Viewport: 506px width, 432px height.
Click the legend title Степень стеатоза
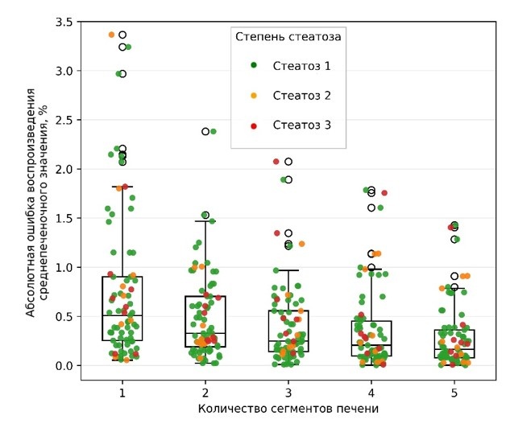(x=288, y=36)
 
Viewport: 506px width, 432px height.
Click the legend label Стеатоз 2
(x=302, y=96)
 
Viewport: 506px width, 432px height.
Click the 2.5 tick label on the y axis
(x=64, y=120)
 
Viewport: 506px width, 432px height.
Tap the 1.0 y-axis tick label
(x=64, y=267)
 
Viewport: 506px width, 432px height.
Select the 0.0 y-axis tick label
(x=64, y=365)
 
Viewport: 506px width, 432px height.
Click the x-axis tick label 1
(x=122, y=393)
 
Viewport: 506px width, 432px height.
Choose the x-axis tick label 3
(x=288, y=393)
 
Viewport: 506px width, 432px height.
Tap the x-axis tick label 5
(x=454, y=393)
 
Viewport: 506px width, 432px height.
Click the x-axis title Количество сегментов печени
(x=288, y=409)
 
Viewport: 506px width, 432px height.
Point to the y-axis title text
(x=36, y=193)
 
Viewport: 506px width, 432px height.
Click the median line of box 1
(x=122, y=315)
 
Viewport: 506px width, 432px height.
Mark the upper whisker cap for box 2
(x=205, y=220)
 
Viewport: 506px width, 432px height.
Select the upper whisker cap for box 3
(x=288, y=270)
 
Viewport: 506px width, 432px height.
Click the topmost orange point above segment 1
(x=112, y=35)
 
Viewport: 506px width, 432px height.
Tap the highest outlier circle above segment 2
(x=205, y=131)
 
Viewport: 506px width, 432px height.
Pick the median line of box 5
(x=454, y=349)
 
